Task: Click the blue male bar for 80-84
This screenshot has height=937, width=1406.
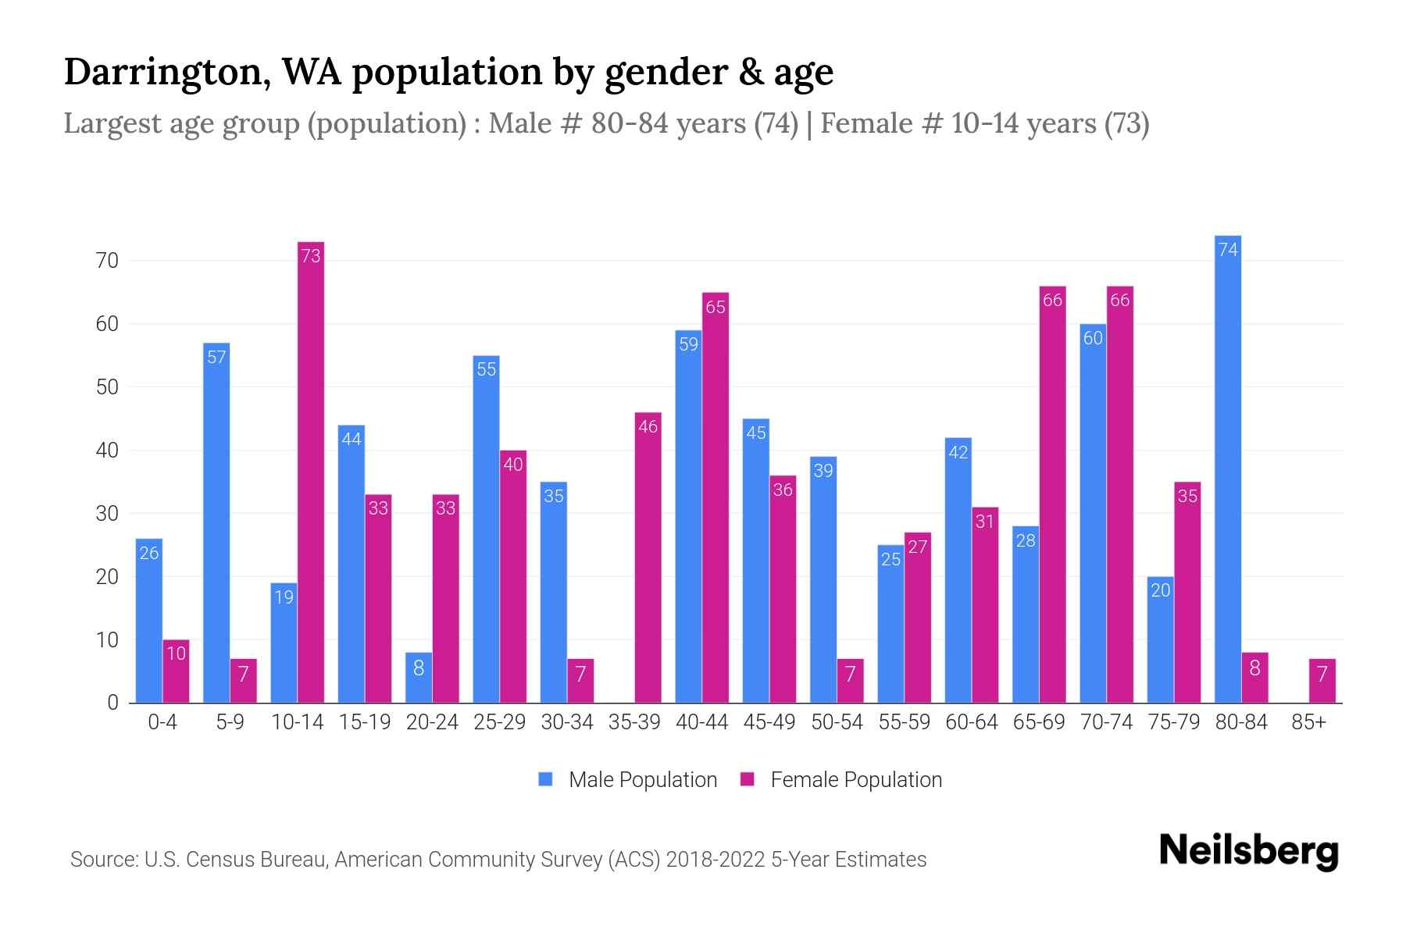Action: pos(1228,468)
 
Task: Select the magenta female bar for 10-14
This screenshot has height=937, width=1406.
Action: pos(311,472)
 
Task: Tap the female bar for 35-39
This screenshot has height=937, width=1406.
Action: pos(648,558)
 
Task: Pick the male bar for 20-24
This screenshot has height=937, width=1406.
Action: pos(419,677)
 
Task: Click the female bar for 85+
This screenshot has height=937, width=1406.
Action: pos(1322,681)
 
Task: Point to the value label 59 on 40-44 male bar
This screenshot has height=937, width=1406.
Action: pos(688,344)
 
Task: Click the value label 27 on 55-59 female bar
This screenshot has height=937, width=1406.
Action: pos(918,547)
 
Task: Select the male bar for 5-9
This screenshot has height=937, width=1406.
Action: pos(216,522)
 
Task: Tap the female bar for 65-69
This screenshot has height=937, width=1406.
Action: pos(1052,494)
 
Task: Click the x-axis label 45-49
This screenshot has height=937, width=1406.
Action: pos(769,722)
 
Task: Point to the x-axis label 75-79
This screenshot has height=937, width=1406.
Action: pos(1173,722)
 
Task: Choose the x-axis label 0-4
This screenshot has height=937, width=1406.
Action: pos(162,722)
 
